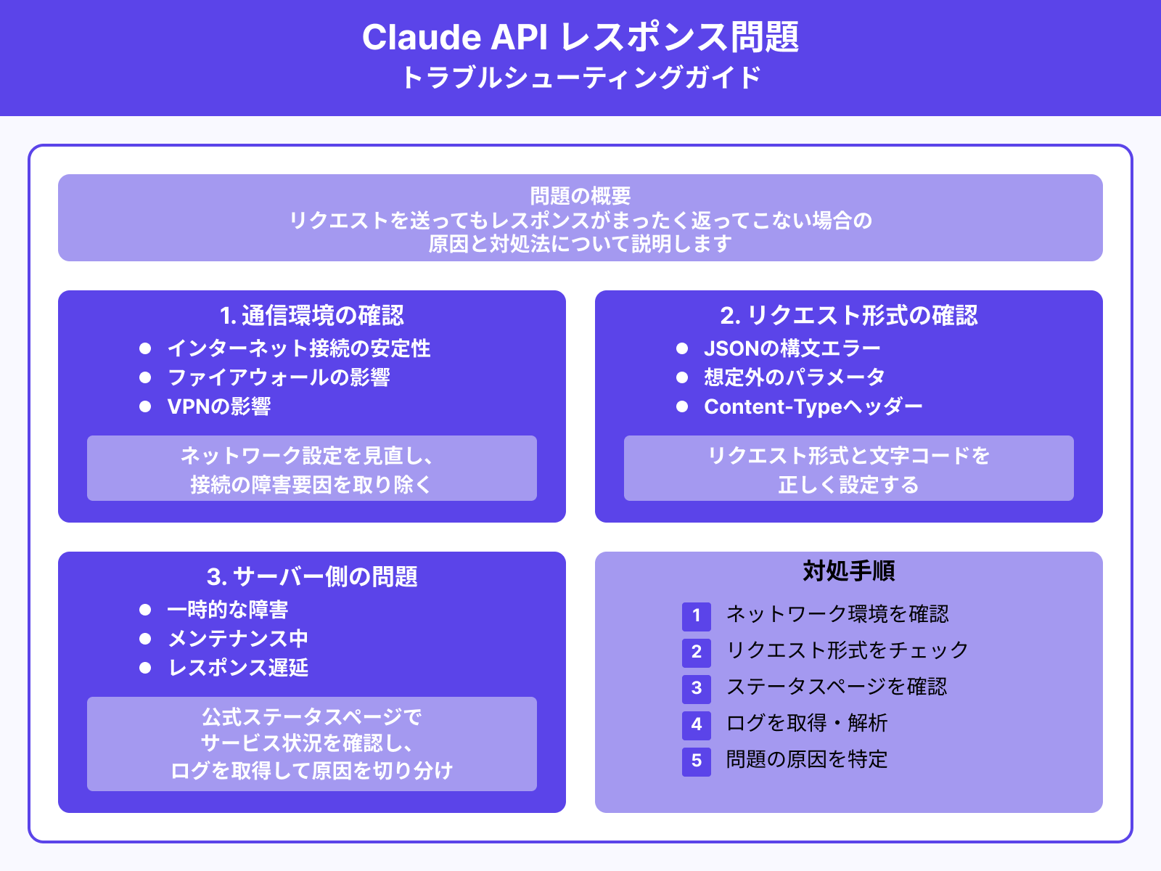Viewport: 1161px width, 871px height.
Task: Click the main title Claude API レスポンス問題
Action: pyautogui.click(x=580, y=38)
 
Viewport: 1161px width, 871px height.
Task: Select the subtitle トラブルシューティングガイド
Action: pyautogui.click(x=580, y=78)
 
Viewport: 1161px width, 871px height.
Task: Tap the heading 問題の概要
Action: pyautogui.click(x=580, y=196)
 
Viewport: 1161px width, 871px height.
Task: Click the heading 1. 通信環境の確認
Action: pyautogui.click(x=312, y=316)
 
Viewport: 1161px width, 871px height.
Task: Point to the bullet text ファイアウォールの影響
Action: pyautogui.click(x=279, y=377)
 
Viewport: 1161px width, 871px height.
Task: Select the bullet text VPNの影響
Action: pyautogui.click(x=219, y=406)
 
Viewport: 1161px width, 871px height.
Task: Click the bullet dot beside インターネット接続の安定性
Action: pyautogui.click(x=145, y=348)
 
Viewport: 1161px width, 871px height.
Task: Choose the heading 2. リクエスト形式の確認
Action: pyautogui.click(x=849, y=316)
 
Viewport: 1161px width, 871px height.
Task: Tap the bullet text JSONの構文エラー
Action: pyautogui.click(x=792, y=348)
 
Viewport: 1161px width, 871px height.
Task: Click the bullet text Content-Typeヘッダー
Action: pyautogui.click(x=813, y=406)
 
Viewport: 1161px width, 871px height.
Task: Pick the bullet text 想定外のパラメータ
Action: pyautogui.click(x=795, y=377)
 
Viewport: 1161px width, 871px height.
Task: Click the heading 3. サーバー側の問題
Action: pyautogui.click(x=312, y=577)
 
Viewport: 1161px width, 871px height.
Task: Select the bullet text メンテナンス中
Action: pyautogui.click(x=238, y=639)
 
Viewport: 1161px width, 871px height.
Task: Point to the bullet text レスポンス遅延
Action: pyautogui.click(x=238, y=668)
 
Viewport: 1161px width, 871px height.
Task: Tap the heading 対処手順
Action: pyautogui.click(x=849, y=571)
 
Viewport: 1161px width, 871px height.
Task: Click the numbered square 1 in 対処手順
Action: pyautogui.click(x=697, y=616)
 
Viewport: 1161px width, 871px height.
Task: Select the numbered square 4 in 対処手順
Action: pyautogui.click(x=697, y=724)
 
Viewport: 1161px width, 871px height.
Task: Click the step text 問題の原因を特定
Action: pyautogui.click(x=807, y=760)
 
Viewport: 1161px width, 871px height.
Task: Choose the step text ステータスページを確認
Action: pyautogui.click(x=837, y=687)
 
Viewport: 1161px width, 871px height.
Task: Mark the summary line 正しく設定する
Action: pyautogui.click(x=849, y=485)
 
